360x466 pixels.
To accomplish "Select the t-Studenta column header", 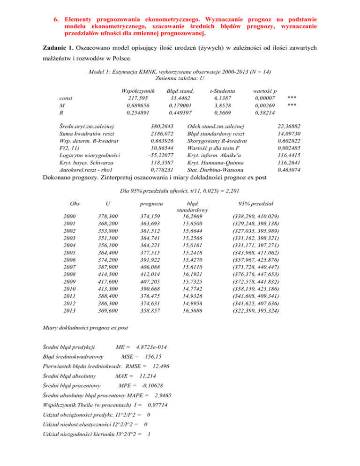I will (222, 90).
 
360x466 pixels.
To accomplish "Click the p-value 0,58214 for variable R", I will (264, 113).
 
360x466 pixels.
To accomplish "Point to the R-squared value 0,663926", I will (163, 141).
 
